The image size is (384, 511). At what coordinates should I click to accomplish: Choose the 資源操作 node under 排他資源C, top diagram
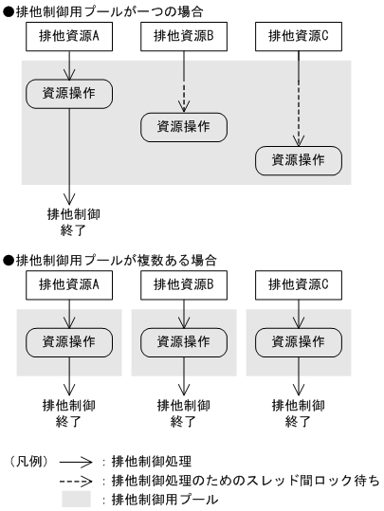[x=299, y=160]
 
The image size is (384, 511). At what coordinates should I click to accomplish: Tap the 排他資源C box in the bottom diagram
[x=299, y=284]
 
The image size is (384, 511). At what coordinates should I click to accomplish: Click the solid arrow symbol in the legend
[x=81, y=461]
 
